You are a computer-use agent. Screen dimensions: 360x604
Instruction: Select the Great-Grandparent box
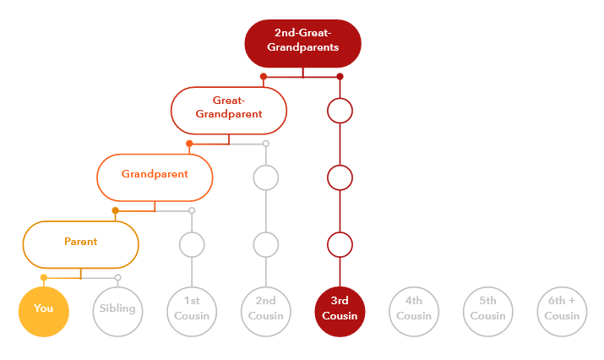229,109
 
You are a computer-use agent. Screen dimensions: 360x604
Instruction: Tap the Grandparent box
155,176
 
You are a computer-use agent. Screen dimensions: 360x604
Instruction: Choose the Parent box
80,243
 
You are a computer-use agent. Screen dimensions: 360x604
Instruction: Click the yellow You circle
43,310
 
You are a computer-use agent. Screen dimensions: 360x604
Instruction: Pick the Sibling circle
117,310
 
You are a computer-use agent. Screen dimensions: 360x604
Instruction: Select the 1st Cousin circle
192,310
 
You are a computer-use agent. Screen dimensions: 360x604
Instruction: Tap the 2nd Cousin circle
266,310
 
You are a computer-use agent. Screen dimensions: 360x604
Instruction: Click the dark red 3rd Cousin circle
340,310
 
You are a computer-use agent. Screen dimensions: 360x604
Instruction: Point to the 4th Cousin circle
414,310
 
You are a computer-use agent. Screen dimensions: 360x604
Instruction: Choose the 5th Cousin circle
488,310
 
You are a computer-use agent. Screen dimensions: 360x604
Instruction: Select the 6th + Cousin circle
563,310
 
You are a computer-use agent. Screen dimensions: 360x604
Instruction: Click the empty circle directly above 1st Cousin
192,245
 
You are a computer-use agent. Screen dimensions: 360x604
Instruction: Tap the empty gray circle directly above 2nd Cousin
266,245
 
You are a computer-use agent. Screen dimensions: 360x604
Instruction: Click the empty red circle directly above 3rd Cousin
340,245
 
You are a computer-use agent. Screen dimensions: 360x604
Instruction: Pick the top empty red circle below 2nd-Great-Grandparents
340,111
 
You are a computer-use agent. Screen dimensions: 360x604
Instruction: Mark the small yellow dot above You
43,277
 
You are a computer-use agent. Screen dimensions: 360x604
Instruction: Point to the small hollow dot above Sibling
117,277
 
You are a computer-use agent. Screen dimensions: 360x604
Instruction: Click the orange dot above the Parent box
116,210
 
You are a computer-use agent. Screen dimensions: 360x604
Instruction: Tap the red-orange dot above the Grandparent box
190,144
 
